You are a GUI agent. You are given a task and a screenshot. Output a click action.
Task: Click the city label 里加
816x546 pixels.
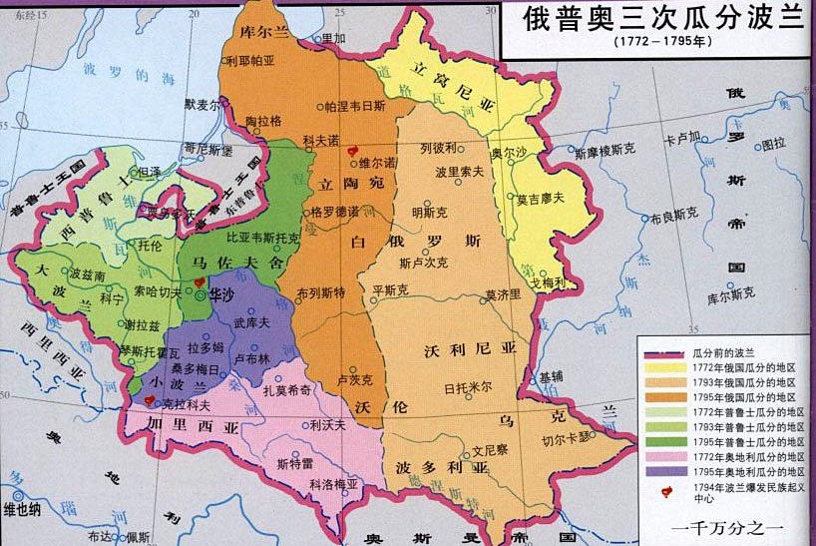click(x=334, y=37)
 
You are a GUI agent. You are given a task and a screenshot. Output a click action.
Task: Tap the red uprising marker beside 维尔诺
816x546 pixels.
click(x=349, y=160)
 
